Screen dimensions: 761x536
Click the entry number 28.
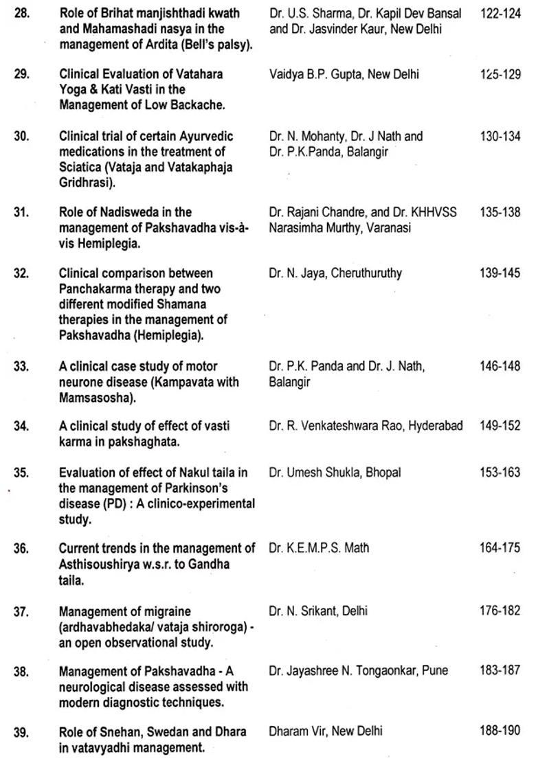click(x=21, y=14)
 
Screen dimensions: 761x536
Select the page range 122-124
click(x=500, y=14)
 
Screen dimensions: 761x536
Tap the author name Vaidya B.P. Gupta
click(x=316, y=74)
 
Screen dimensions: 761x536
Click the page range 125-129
click(x=500, y=74)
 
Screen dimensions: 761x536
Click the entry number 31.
click(x=21, y=212)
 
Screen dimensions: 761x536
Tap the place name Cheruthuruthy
click(x=366, y=273)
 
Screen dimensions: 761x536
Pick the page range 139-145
click(x=500, y=273)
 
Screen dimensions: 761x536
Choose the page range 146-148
click(x=500, y=367)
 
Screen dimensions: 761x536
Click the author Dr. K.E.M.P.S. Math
click(x=319, y=548)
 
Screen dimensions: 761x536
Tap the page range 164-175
click(x=500, y=548)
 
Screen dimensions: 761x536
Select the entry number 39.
click(x=21, y=731)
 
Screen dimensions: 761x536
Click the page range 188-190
click(x=500, y=731)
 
